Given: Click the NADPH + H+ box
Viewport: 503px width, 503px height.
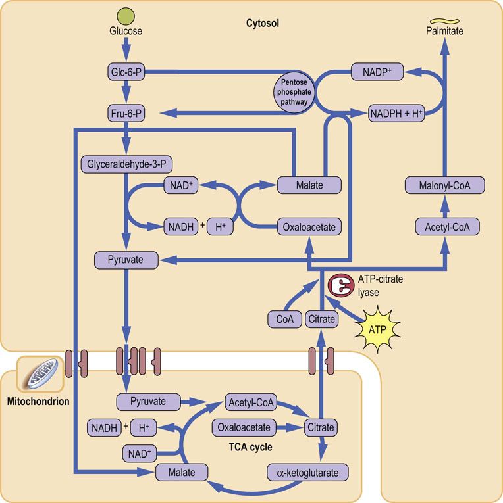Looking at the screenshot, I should tap(396, 113).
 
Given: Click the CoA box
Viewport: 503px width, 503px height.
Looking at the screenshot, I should tap(284, 320).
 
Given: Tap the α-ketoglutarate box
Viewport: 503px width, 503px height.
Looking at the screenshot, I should tap(307, 472).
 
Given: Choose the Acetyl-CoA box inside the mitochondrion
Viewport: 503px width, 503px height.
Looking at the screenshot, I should tap(250, 402).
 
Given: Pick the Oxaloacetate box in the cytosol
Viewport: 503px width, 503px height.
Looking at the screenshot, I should tap(309, 228).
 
